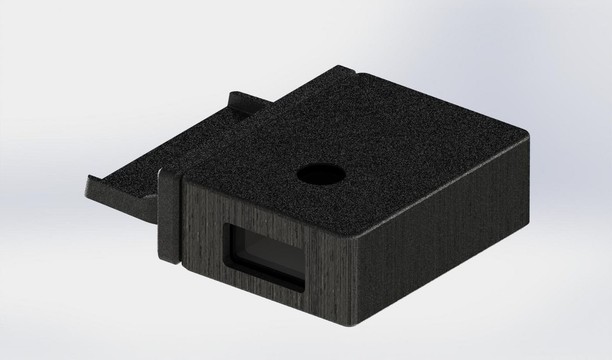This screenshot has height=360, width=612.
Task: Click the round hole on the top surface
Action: coord(321,175)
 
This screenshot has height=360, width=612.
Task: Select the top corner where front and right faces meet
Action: coord(355,239)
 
